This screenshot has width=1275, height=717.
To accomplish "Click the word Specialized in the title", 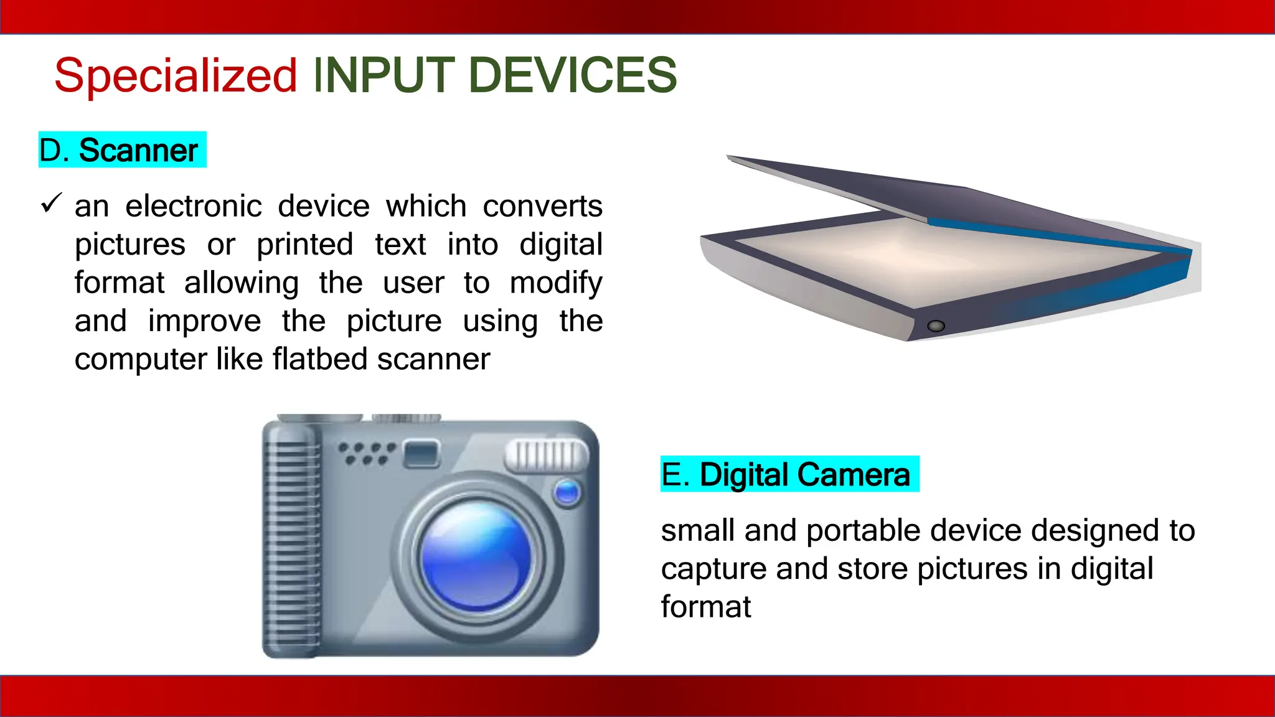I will [x=176, y=76].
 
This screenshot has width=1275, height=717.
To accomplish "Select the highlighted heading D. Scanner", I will [x=122, y=150].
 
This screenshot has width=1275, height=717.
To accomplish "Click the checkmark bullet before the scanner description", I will [x=51, y=203].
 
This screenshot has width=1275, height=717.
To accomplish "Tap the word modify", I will [x=555, y=283].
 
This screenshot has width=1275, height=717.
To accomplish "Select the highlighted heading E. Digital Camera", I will [x=789, y=474].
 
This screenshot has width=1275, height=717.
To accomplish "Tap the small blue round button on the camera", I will [x=567, y=494].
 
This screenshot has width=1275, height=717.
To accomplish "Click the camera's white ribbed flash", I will [x=546, y=456].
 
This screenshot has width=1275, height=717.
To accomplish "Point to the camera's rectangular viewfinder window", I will [x=422, y=454].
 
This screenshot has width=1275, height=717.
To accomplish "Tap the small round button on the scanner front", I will [x=936, y=326].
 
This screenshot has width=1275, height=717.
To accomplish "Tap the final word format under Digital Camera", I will [x=705, y=607].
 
